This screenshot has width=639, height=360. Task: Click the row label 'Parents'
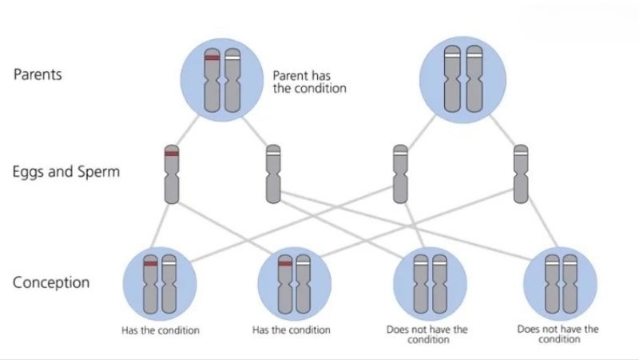coord(38,74)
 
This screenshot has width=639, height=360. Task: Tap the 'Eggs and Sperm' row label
coord(66,170)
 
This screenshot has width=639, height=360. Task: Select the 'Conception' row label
coord(51,282)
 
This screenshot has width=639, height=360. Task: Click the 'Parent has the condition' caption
coord(309,82)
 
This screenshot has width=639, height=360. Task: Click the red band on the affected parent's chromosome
coord(212,58)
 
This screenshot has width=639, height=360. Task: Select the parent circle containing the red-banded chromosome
coord(223,78)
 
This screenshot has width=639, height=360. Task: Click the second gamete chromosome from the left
coord(273,174)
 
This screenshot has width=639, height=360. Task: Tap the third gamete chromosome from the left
coord(400,174)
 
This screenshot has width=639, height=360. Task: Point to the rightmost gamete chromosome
coord(522,174)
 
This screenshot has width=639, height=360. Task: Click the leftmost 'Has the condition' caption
coord(160,330)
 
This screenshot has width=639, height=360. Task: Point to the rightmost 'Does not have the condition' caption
coord(558,334)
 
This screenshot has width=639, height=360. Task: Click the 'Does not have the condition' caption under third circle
coord(431,334)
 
